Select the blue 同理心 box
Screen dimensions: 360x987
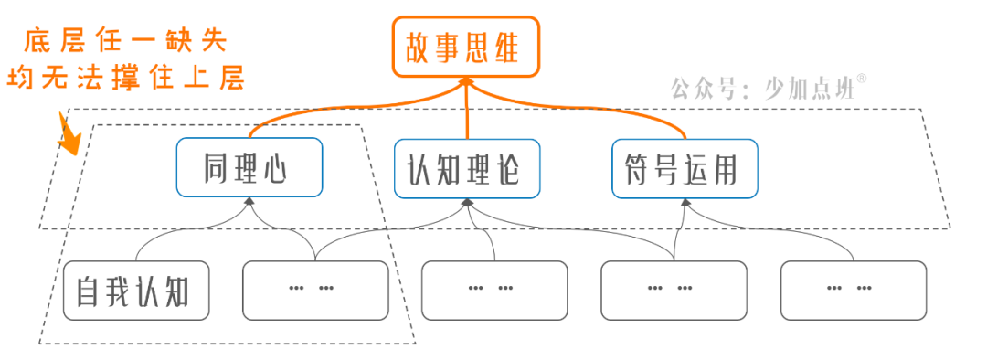(x=249, y=167)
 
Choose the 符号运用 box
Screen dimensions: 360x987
(x=684, y=167)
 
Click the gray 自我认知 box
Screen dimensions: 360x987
(x=136, y=291)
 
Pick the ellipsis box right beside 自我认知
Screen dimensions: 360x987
(x=314, y=291)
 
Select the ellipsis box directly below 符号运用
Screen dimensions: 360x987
(x=674, y=291)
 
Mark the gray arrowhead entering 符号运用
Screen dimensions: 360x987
(x=684, y=203)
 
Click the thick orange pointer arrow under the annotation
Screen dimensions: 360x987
(x=69, y=135)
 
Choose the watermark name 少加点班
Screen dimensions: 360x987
(x=805, y=89)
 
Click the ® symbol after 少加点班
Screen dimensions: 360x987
(x=862, y=80)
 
